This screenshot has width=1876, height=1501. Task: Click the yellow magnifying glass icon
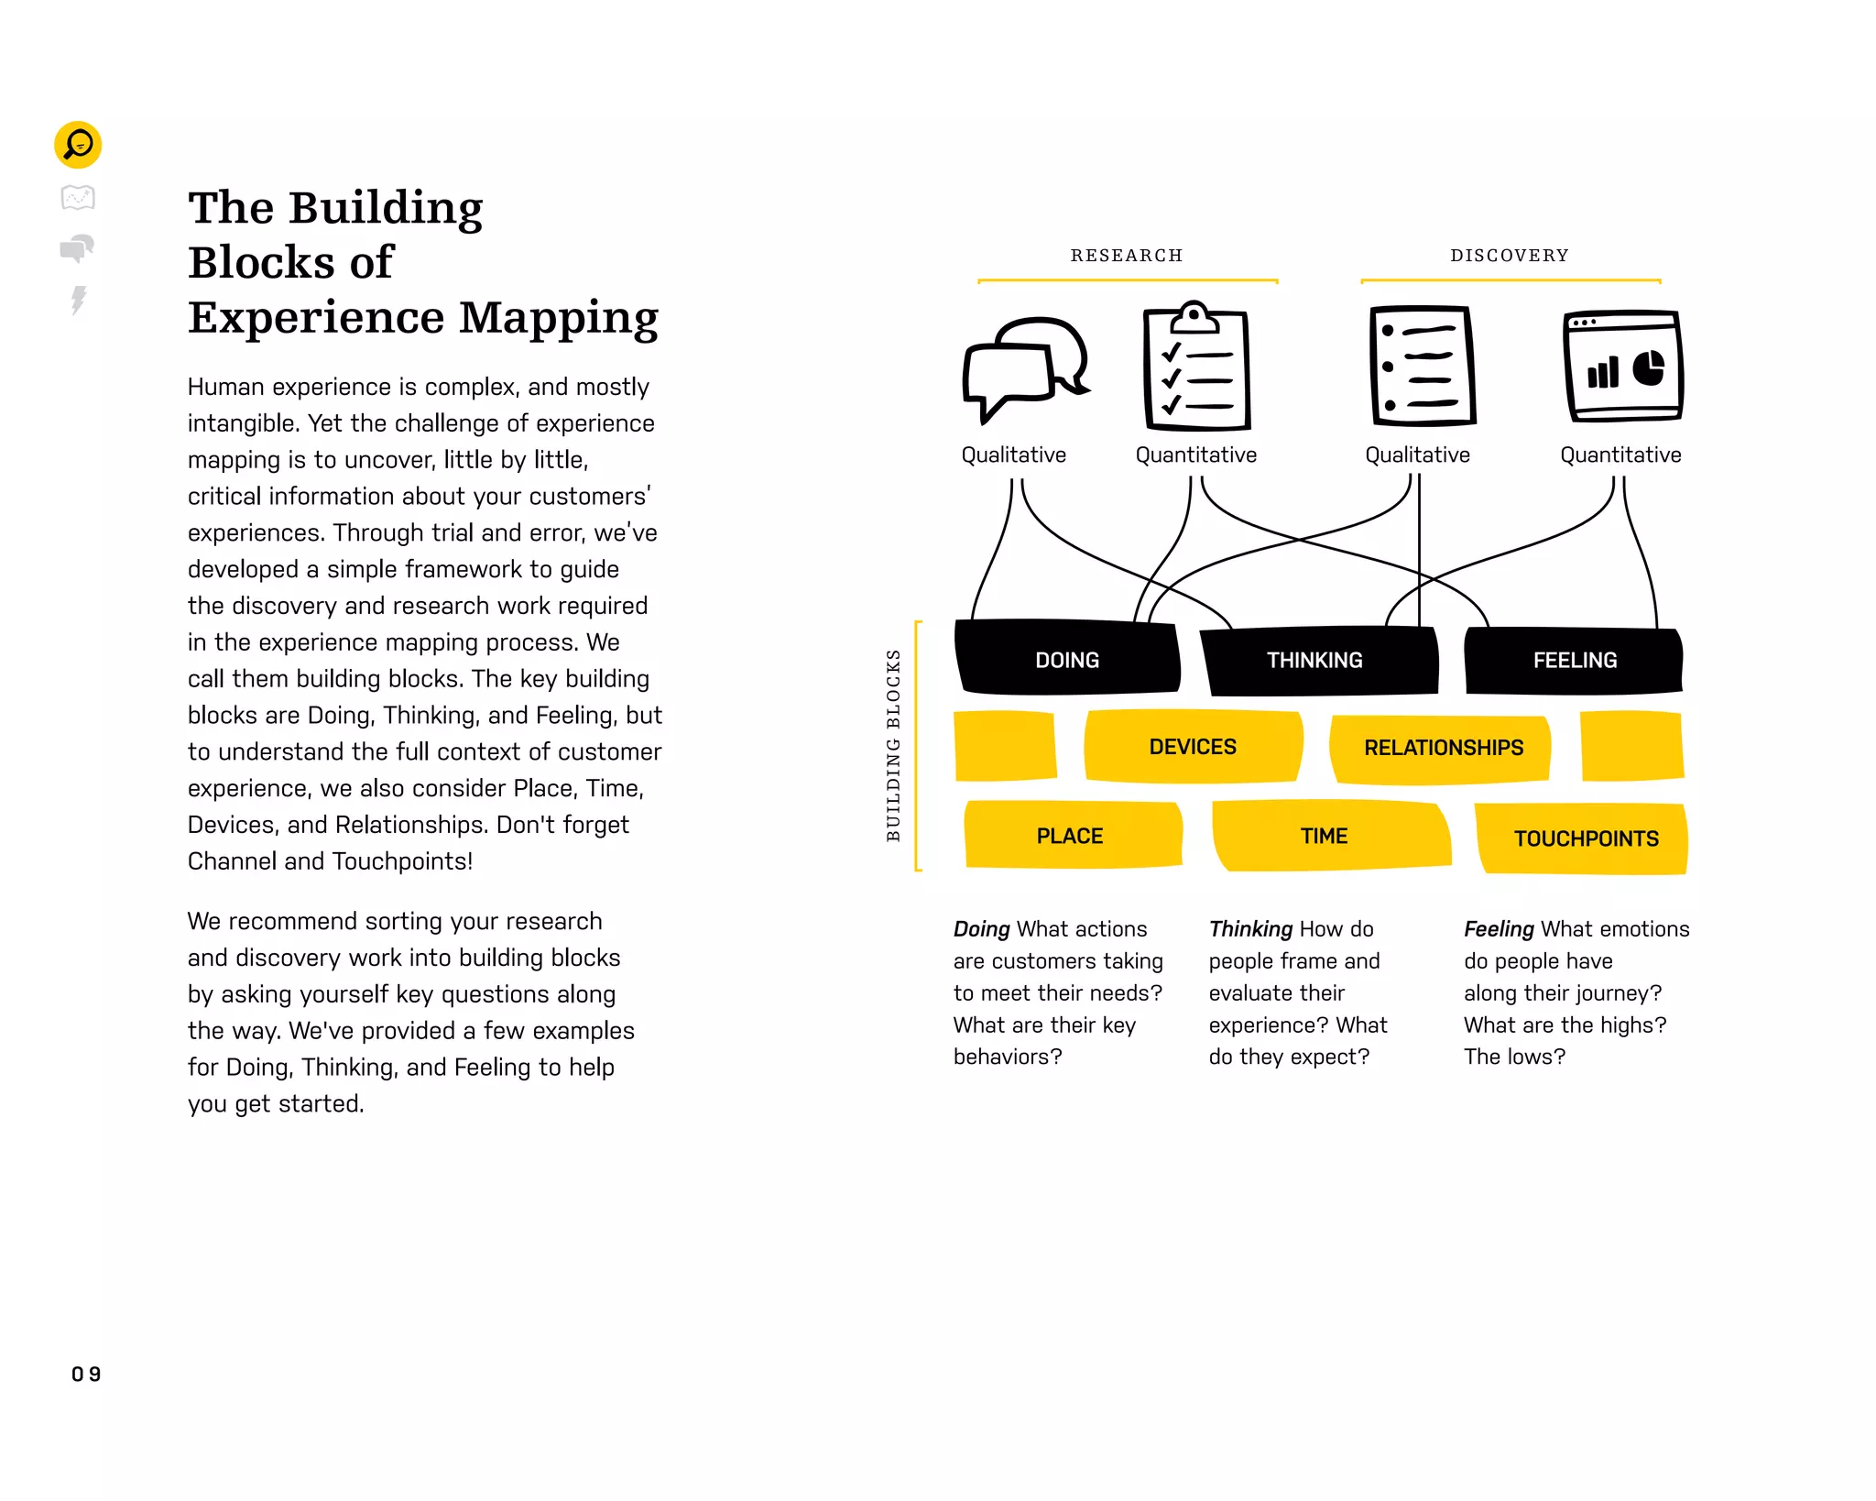coord(78,145)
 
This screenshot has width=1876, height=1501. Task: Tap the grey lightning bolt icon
coord(79,300)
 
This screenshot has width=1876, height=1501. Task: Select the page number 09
coord(86,1374)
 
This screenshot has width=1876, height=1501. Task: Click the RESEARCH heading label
coord(1127,256)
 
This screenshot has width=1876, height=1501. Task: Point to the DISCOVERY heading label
coord(1510,256)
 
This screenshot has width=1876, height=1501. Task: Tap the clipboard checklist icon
coord(1196,367)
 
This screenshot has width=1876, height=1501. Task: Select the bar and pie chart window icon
coord(1623,367)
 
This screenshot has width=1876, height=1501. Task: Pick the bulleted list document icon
coord(1422,367)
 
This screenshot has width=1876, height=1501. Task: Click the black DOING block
coord(1067,660)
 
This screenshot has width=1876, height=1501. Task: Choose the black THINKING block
coord(1315,660)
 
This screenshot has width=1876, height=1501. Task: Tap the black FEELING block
coord(1575,660)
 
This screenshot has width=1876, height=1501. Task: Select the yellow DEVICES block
coord(1193,747)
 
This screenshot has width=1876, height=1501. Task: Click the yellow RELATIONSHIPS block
coord(1443,748)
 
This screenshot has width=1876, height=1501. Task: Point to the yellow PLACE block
coord(1071,836)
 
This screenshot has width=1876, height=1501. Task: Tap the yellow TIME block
coord(1325,836)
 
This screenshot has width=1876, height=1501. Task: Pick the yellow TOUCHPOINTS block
coord(1586,838)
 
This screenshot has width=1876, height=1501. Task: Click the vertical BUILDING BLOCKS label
coord(894,745)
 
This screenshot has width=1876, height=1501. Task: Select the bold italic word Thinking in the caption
coord(1250,929)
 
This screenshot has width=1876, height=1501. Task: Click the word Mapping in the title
coord(559,318)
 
